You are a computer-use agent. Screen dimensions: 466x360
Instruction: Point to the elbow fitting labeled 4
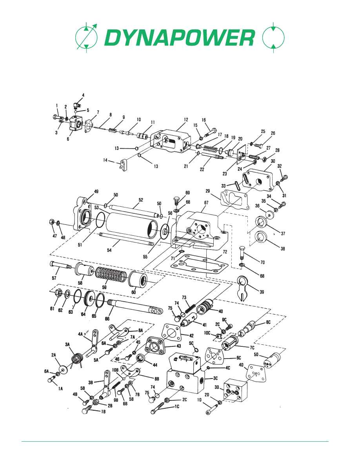pos(78,104)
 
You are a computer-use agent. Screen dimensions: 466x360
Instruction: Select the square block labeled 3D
pos(235,391)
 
